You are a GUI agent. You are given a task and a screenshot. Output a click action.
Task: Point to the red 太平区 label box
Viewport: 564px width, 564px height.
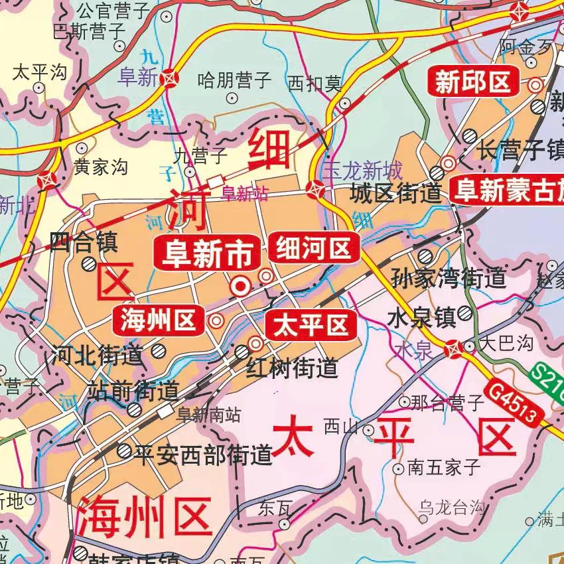(311, 326)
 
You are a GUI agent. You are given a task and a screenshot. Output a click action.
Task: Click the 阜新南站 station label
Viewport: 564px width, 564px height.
(209, 415)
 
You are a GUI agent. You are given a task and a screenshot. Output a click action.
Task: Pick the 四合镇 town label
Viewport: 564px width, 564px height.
(84, 242)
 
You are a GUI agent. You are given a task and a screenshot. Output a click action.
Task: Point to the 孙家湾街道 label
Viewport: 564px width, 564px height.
(449, 278)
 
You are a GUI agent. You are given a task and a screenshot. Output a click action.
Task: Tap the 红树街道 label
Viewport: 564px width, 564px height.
(293, 368)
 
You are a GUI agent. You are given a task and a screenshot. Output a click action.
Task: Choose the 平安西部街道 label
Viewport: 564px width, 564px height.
(204, 455)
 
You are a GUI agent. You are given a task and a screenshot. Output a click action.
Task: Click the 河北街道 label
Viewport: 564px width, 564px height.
(97, 356)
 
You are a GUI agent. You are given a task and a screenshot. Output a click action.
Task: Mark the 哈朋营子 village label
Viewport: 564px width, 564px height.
(235, 81)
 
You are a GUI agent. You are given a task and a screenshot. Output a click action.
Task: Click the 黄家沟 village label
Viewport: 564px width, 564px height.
(100, 168)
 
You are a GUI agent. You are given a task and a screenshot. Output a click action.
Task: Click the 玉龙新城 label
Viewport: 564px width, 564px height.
(362, 171)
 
